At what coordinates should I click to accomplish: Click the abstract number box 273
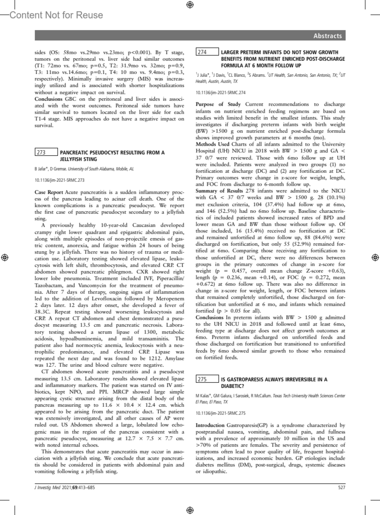(46, 152)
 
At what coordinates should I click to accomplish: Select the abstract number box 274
(207, 52)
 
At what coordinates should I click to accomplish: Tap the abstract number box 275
(207, 379)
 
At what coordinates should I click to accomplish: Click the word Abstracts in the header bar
(327, 36)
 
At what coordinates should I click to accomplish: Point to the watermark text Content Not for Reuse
(56, 15)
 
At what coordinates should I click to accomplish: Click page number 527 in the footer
(341, 487)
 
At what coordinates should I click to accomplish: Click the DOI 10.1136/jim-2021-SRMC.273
(60, 180)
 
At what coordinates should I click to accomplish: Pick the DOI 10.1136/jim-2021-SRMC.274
(220, 93)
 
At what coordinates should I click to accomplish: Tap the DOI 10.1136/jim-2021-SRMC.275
(220, 413)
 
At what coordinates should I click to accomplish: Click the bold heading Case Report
(49, 192)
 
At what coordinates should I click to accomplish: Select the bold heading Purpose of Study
(218, 104)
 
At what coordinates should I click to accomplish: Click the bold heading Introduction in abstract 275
(210, 425)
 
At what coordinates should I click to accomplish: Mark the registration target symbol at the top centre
(190, 5)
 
